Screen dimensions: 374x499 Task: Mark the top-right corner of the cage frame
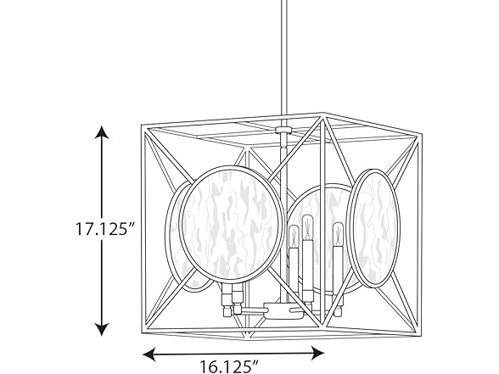pyautogui.click(x=421, y=131)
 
